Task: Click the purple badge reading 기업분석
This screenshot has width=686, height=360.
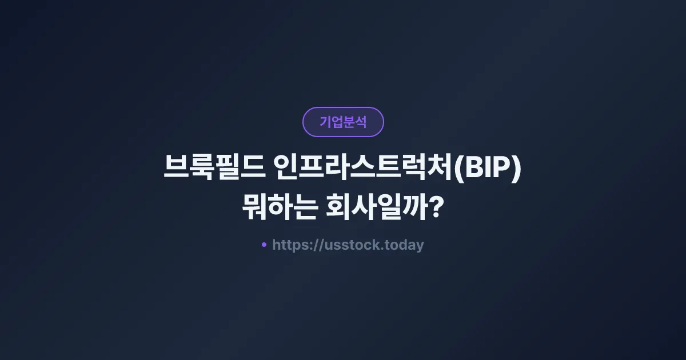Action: coord(343,122)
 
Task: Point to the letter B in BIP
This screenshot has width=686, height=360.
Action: coord(472,170)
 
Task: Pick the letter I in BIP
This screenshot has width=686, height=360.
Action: coord(486,170)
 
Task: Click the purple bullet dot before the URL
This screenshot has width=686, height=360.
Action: coord(264,245)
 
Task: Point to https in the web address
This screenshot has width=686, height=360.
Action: coord(290,245)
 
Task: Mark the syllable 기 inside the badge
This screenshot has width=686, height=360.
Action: coord(325,122)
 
